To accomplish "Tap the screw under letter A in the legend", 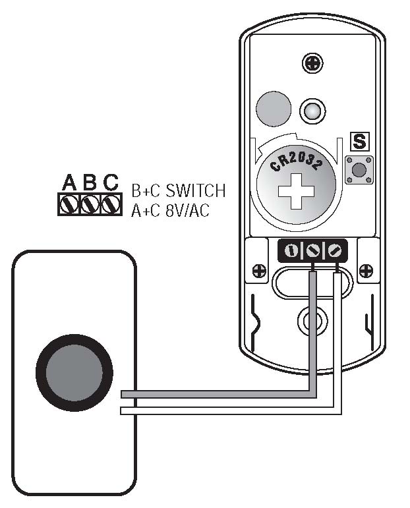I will pos(69,204).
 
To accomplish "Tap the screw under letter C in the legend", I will pos(110,204).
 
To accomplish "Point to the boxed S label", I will pos(359,141).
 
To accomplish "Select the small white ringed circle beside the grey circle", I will pos(312,109).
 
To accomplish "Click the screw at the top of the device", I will pos(312,63).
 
